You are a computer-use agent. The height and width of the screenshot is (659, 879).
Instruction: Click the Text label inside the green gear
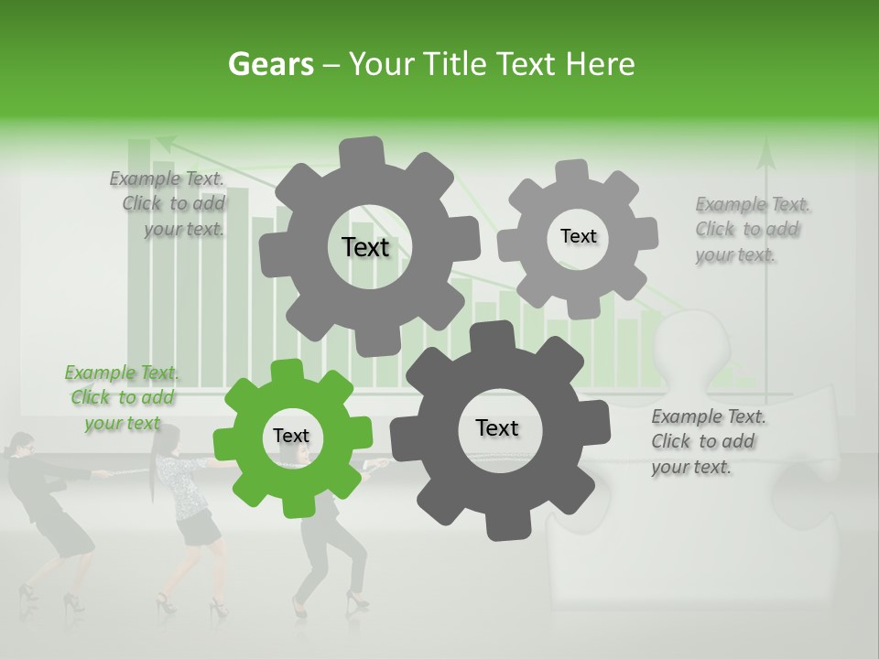(x=291, y=437)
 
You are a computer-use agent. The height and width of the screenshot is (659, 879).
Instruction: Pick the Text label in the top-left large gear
(x=365, y=247)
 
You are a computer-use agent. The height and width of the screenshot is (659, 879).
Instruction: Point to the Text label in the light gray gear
(x=578, y=236)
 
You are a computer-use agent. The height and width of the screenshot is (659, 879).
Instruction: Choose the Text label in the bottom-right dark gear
(x=497, y=427)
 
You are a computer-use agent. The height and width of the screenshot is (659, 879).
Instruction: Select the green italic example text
(x=122, y=397)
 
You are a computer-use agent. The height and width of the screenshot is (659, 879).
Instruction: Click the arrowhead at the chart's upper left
(x=164, y=142)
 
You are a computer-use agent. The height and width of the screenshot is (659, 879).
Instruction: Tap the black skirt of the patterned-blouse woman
(x=199, y=528)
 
